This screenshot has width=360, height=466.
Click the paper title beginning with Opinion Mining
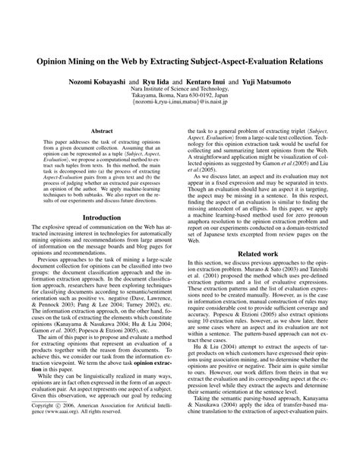click(x=180, y=58)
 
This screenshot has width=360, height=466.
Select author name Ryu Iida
click(x=163, y=79)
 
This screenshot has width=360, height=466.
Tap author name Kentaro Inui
click(x=210, y=79)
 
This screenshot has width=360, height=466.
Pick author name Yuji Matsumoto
click(x=258, y=79)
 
